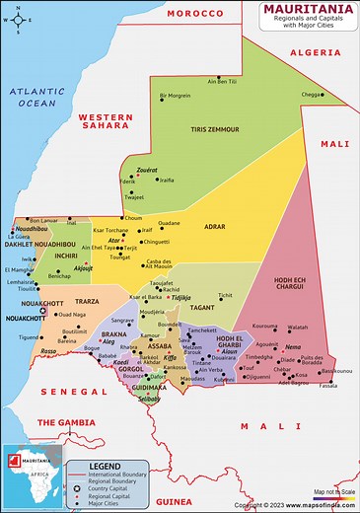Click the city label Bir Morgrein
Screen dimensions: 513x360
[x=175, y=96]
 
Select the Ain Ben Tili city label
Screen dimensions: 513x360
[x=222, y=81]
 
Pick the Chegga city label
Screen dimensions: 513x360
[x=311, y=95]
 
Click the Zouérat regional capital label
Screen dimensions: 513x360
[x=147, y=170]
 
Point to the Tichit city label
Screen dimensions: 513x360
[x=226, y=294]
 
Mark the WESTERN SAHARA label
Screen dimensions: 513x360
[x=105, y=121]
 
